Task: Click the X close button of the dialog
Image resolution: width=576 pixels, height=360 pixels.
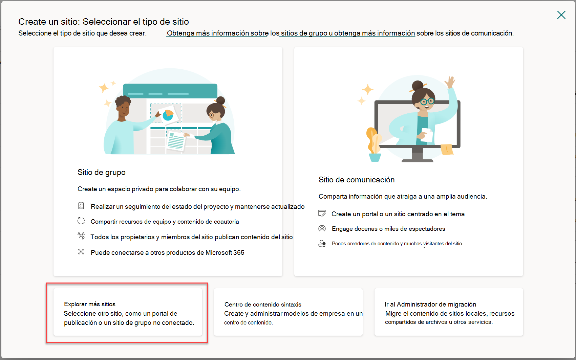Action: pos(561,15)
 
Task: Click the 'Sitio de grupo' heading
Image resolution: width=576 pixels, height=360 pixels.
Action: pos(101,172)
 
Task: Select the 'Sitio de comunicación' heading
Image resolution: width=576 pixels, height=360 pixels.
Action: pos(356,180)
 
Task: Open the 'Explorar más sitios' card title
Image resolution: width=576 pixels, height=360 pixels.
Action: pos(89,304)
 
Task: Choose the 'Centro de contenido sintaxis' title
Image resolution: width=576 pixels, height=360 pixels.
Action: pos(262,305)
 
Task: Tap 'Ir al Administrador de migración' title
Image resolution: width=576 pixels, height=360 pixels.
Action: pos(430,304)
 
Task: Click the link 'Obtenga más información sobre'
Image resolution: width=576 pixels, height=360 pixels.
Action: pos(217,33)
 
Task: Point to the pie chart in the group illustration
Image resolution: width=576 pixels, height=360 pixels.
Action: pos(168,115)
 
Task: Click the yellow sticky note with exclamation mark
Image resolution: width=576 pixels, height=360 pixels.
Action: pos(447,149)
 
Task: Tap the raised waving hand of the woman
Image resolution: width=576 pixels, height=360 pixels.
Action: pos(451,82)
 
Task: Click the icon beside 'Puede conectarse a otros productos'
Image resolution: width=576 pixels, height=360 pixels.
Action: pos(81,252)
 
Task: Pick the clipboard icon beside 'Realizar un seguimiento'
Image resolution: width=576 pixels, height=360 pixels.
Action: pos(81,206)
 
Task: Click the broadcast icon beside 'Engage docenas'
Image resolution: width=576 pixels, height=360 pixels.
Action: pos(322,228)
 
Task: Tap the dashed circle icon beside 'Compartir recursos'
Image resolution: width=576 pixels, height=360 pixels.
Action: pos(81,221)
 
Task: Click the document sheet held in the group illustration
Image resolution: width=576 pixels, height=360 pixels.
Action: pos(176,141)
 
